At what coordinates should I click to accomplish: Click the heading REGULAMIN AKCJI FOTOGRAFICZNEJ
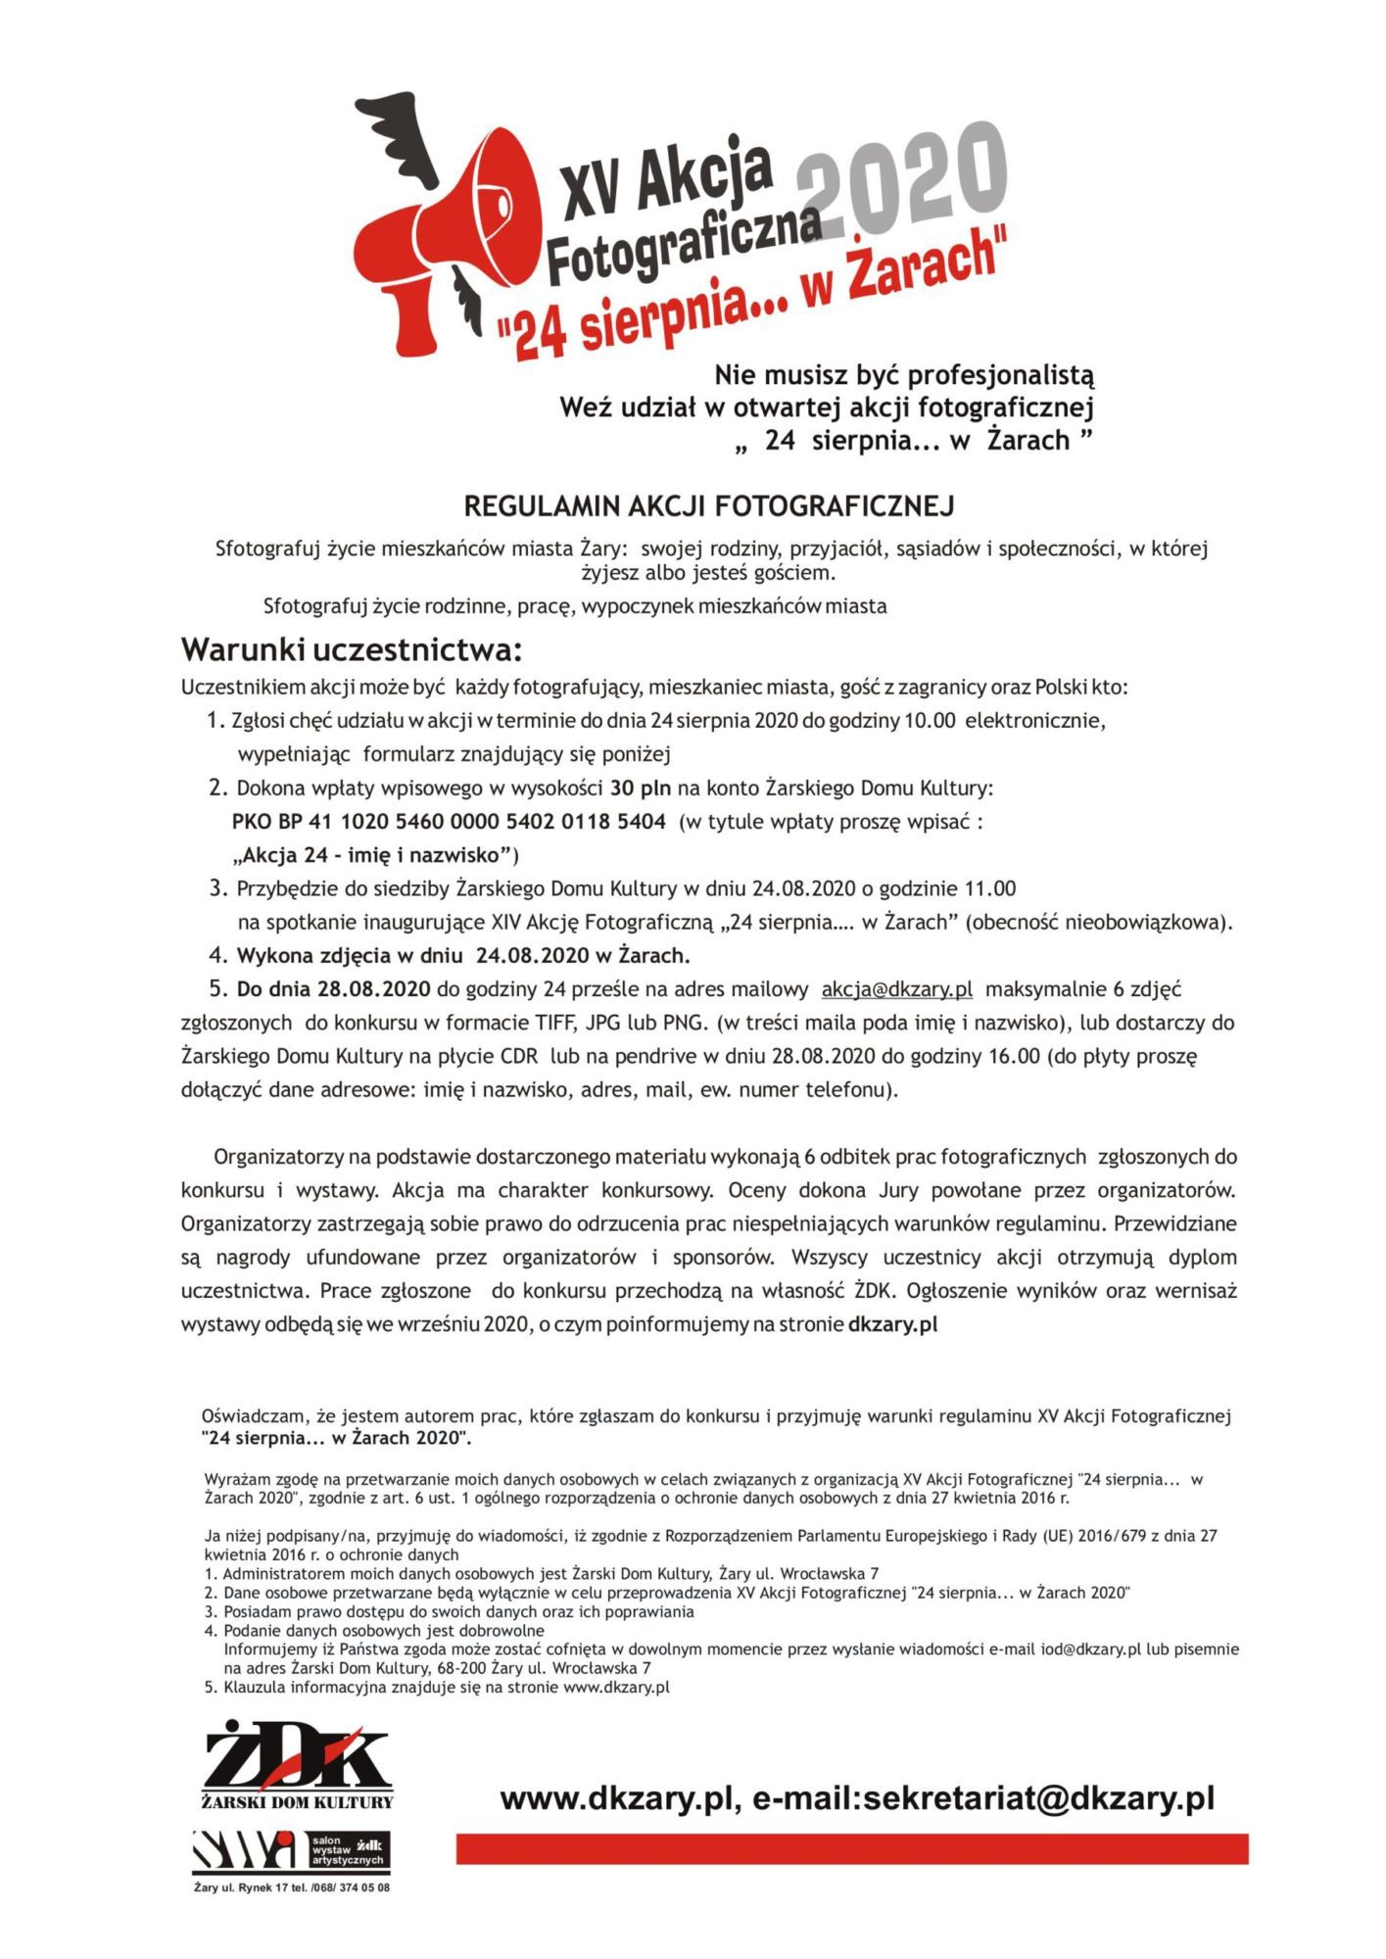pos(708,506)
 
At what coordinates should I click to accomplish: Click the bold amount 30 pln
pos(641,788)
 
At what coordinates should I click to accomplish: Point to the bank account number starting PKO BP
pos(450,821)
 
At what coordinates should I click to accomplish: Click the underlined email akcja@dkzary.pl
pos(896,989)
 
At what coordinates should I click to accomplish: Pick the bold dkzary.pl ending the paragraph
pos(892,1324)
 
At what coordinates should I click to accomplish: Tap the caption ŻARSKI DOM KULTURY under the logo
pos(297,1801)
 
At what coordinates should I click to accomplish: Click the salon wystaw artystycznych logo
pos(291,1849)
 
